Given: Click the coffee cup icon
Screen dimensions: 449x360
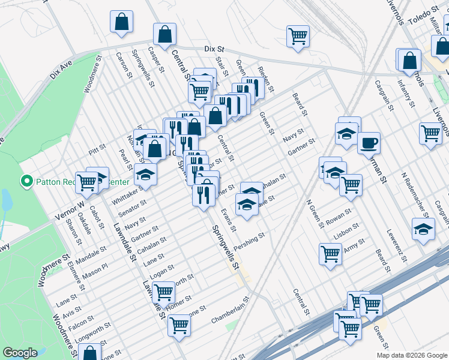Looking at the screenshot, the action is click(x=369, y=143).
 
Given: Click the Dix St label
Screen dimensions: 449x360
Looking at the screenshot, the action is click(x=214, y=49).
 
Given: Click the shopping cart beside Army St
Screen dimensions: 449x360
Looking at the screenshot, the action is click(x=330, y=254).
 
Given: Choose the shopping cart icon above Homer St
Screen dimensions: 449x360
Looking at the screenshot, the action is click(x=163, y=292).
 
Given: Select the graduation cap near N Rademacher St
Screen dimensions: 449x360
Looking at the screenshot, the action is click(x=423, y=229).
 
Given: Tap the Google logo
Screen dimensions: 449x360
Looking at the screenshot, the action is click(x=20, y=353).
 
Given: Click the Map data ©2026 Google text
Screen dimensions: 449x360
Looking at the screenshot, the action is click(x=412, y=355).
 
